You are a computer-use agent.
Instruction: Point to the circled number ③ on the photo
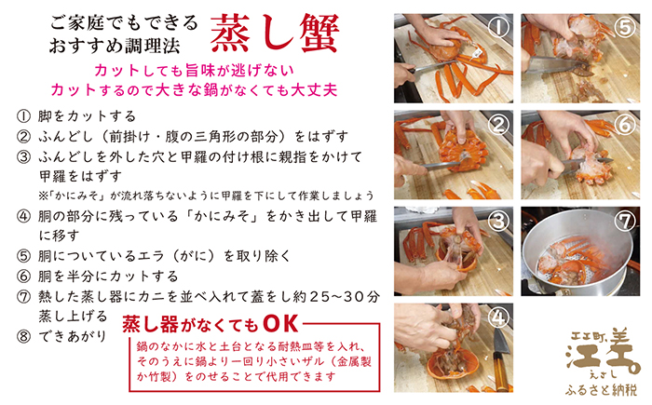(499, 222)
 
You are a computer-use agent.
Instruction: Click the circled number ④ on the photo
(499, 317)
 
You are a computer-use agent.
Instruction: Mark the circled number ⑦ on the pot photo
(626, 222)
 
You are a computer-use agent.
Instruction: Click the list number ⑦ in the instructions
(23, 297)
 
